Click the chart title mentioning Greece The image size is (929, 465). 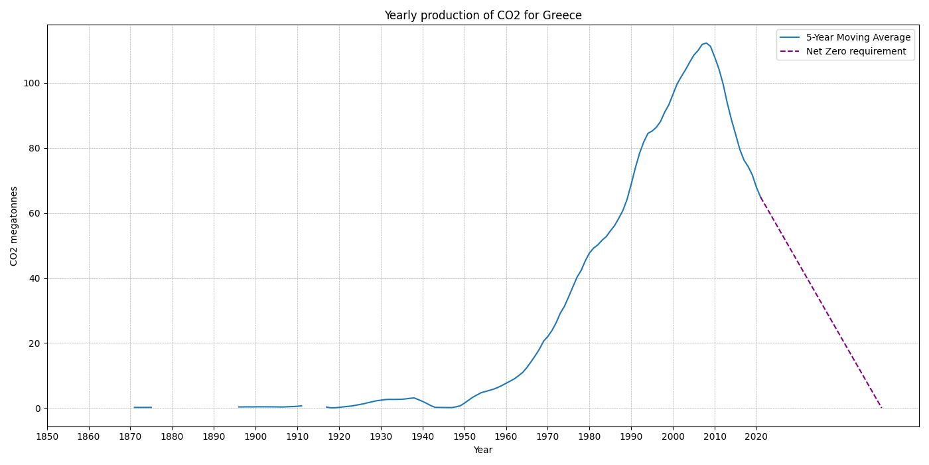(482, 15)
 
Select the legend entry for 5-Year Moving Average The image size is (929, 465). (858, 38)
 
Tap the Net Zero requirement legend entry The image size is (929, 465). (855, 52)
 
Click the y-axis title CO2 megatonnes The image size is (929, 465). (14, 226)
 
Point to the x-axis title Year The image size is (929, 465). (482, 450)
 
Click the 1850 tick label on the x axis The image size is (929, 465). (47, 436)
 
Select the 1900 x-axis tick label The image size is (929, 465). (255, 436)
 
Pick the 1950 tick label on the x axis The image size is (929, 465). (464, 436)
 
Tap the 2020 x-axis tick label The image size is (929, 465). (756, 436)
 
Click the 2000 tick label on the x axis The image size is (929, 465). (673, 436)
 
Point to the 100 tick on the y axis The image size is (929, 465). (31, 83)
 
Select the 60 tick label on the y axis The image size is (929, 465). (34, 213)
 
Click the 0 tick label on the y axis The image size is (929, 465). (37, 409)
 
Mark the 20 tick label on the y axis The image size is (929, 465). (34, 343)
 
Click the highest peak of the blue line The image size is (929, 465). (706, 43)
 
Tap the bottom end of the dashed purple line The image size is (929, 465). (881, 408)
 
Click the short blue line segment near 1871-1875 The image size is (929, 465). (143, 407)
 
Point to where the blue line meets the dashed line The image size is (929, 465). (760, 197)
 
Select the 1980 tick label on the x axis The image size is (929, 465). (589, 436)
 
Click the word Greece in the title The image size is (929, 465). (564, 15)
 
